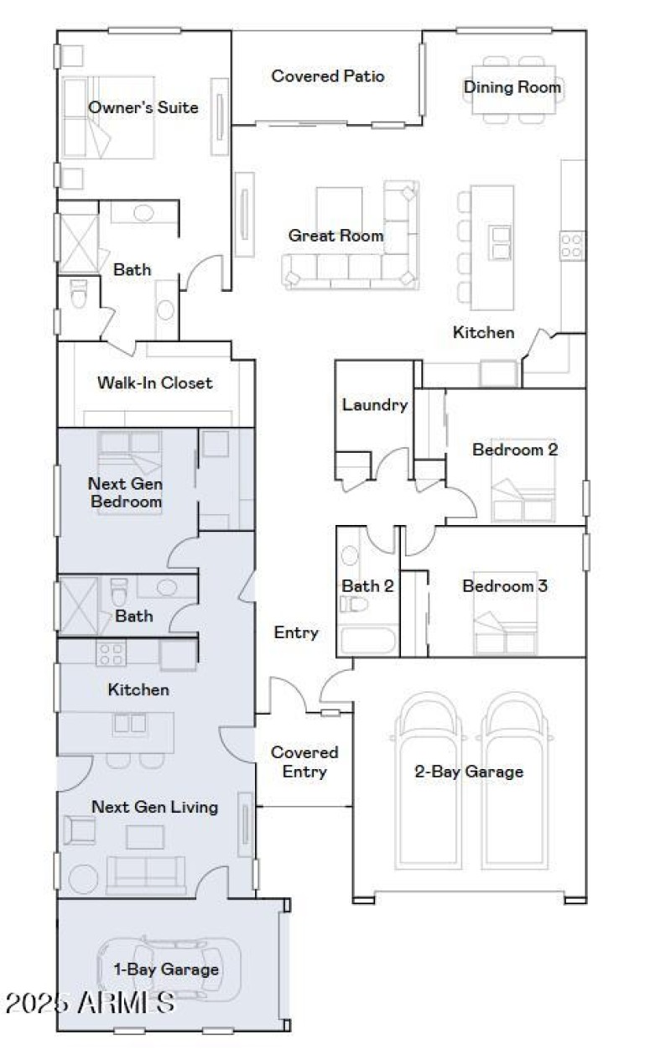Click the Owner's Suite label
[143, 107]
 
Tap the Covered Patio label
[328, 76]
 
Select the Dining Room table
[512, 87]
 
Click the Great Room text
[335, 236]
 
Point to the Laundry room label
[374, 405]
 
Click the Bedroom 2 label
[515, 450]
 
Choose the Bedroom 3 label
[505, 586]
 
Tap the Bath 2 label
[367, 586]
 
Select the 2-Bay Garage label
[469, 772]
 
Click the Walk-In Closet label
[155, 383]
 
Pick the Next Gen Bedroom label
[125, 493]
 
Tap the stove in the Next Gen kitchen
[110, 652]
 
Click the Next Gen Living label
[154, 807]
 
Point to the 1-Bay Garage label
[166, 969]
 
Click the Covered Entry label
[304, 762]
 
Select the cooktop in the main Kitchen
[572, 246]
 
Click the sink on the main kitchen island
[502, 242]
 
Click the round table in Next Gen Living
[84, 878]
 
